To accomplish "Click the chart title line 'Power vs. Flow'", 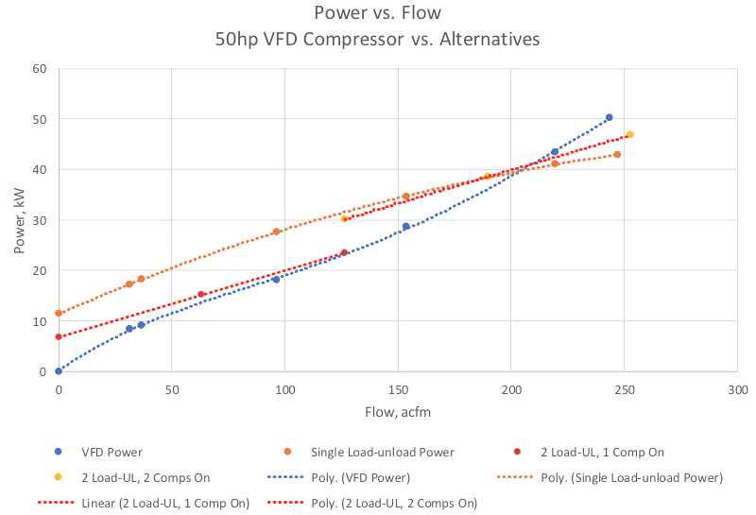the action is [377, 12].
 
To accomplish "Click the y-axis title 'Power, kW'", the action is [19, 221].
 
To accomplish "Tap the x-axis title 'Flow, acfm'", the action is [398, 412].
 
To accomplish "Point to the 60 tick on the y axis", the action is [40, 68].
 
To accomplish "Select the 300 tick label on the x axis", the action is [738, 389].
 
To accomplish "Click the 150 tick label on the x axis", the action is [398, 389].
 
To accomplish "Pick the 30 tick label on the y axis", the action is [40, 220].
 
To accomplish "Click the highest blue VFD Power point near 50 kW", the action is [609, 117].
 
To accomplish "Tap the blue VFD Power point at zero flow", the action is [59, 371].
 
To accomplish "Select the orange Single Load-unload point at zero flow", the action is [59, 314].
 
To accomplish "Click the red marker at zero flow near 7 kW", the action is [59, 336].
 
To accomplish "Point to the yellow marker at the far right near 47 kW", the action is [629, 134].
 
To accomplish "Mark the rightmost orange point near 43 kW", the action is [617, 154].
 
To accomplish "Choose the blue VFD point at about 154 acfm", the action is [406, 226].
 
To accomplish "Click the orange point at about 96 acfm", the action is [276, 232].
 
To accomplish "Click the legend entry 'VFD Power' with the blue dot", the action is [98, 453].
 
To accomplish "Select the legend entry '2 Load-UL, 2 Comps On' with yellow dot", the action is [131, 478].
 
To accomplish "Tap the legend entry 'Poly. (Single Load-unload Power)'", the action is [610, 478].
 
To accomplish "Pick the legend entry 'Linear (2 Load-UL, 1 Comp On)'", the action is [144, 504].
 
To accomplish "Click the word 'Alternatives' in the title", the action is [490, 39].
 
